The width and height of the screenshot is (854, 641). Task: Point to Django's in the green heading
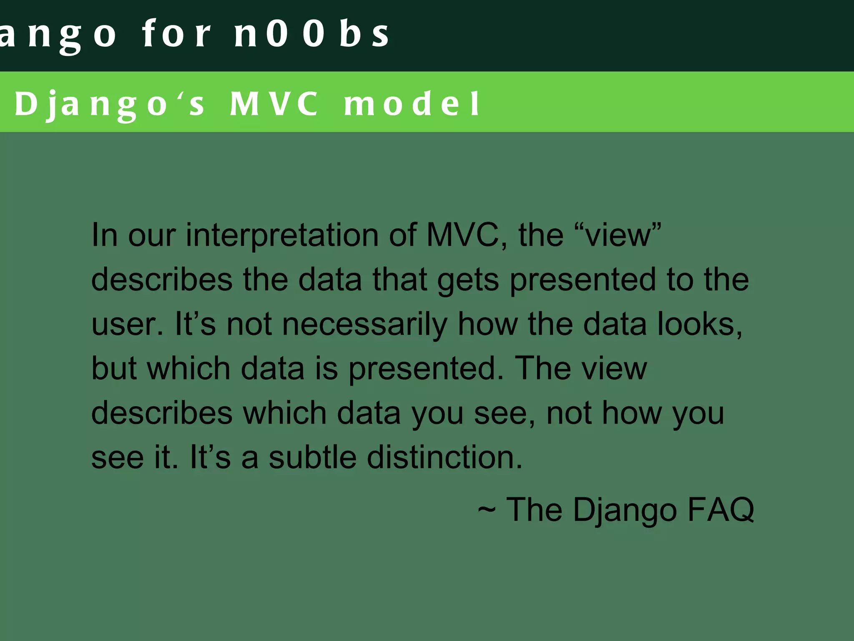click(109, 104)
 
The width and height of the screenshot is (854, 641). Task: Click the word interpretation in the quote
click(281, 235)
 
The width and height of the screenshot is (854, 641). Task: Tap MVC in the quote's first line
click(463, 235)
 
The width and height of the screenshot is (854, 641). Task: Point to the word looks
click(700, 324)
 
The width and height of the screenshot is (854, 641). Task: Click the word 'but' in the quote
click(114, 368)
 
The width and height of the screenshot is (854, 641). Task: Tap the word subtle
click(313, 457)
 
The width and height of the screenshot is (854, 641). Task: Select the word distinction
click(445, 457)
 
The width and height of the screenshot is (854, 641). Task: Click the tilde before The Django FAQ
click(487, 510)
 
